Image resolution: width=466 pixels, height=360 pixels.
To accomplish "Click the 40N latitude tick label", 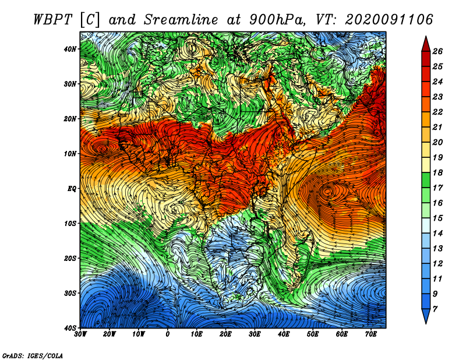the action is (70, 49).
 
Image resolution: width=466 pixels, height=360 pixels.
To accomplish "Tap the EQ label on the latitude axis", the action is (72, 189).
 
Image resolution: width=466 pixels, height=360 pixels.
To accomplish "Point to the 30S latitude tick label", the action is (70, 293).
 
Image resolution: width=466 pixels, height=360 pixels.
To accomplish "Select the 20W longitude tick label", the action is (109, 334).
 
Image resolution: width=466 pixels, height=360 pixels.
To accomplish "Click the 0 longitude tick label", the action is (168, 334).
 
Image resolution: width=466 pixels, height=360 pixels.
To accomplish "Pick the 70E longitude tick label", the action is (370, 334).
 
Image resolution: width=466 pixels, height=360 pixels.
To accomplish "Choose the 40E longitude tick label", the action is (284, 334).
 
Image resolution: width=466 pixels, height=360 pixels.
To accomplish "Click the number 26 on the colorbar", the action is (437, 51).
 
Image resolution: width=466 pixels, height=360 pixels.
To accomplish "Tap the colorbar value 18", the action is (437, 172).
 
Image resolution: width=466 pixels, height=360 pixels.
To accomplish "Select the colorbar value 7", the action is (435, 309).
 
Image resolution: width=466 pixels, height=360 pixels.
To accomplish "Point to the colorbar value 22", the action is (437, 112).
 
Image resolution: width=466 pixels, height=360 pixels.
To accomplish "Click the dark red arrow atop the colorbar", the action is (426, 44).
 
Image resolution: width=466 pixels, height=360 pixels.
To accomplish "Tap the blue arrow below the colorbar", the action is (426, 316).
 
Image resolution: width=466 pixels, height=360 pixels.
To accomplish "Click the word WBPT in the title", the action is (52, 20).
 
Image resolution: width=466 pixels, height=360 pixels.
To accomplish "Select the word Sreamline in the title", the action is (181, 20).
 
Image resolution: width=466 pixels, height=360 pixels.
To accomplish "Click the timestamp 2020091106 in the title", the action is (389, 20).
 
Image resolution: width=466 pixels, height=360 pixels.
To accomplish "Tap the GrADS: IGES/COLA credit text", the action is (32, 355).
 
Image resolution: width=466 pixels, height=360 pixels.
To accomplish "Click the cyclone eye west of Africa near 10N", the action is (103, 149).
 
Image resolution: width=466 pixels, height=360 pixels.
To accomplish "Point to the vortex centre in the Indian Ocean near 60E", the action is (329, 192).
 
